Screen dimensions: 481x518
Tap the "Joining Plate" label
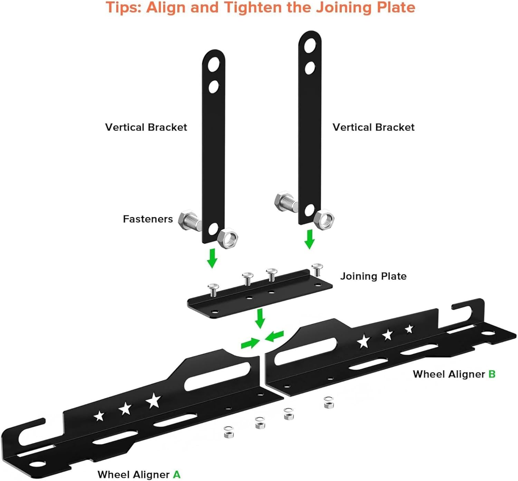point(373,276)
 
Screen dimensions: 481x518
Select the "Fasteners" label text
point(148,219)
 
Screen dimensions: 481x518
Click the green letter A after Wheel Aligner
point(176,474)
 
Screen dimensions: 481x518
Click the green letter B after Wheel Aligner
point(492,374)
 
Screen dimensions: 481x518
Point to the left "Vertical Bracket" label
point(146,127)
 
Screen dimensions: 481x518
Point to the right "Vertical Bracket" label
point(373,127)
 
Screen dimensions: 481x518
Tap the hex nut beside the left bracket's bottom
point(228,238)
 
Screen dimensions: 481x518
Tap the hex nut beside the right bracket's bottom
point(324,220)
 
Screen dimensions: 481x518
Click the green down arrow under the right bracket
point(309,239)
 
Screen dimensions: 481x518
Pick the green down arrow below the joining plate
point(260,318)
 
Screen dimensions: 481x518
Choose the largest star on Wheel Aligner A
point(153,401)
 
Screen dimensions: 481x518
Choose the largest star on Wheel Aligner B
point(363,341)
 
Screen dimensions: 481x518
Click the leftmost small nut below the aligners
point(228,432)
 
